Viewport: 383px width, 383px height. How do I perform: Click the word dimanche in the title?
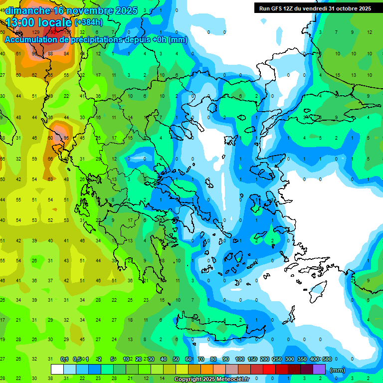pyautogui.click(x=27, y=10)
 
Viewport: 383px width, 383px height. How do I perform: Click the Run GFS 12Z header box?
pyautogui.click(x=315, y=8)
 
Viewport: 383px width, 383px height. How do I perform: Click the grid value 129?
pyautogui.click(x=35, y=32)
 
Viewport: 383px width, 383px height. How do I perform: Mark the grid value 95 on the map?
pyautogui.click(x=66, y=138)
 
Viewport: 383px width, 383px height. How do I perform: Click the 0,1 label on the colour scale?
pyautogui.click(x=64, y=359)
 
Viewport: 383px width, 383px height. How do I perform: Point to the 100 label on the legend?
pyautogui.click(x=239, y=359)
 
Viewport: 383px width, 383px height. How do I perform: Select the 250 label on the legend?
pyautogui.click(x=277, y=359)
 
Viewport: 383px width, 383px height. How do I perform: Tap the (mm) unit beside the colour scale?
pyautogui.click(x=338, y=370)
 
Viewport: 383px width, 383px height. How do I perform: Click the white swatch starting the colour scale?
pyautogui.click(x=57, y=370)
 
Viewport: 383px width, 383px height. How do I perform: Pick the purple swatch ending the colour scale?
pyautogui.click(x=319, y=370)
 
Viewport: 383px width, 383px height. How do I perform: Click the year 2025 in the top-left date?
pyautogui.click(x=126, y=10)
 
